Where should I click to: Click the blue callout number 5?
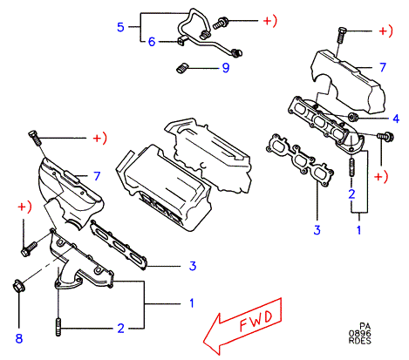(x=120, y=27)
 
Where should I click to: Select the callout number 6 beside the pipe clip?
(x=152, y=42)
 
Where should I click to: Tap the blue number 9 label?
(x=226, y=68)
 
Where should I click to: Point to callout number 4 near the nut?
(x=396, y=119)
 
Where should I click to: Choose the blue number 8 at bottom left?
(x=19, y=338)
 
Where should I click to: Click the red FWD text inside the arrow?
(x=256, y=321)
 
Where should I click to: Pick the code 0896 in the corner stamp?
(x=360, y=333)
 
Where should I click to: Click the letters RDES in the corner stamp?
(x=360, y=340)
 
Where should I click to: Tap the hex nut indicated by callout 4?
(x=353, y=117)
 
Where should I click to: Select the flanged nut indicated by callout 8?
(x=18, y=285)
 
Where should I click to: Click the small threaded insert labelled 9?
(x=182, y=68)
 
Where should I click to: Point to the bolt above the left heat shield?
(x=35, y=139)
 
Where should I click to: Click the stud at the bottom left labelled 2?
(x=58, y=328)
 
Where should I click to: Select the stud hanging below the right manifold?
(x=351, y=167)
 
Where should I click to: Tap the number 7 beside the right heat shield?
(x=383, y=67)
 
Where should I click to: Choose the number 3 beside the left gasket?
(x=193, y=266)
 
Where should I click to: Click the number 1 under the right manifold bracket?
(x=359, y=230)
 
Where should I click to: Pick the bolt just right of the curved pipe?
(x=221, y=23)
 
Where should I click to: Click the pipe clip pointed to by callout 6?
(x=181, y=41)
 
